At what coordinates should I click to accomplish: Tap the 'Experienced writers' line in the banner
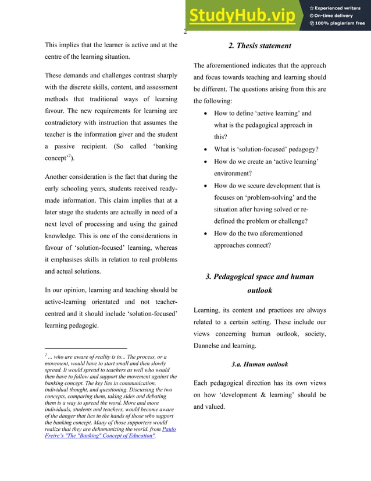point(337,6)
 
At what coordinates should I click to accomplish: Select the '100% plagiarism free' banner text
point(337,23)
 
